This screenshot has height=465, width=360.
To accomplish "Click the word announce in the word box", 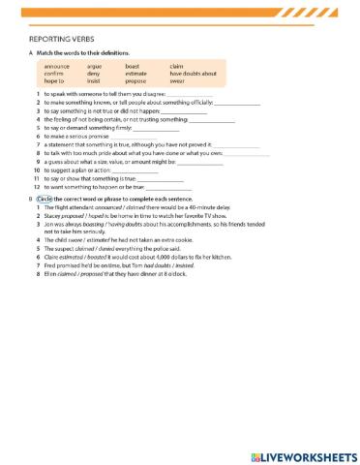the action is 57,66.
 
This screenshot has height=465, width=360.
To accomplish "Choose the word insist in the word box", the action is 94,81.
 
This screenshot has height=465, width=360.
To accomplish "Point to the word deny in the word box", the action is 93,74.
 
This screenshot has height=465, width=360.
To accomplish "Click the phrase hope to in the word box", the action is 54,81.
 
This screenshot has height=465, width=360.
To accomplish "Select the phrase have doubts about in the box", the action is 193,74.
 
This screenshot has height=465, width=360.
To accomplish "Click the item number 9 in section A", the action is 37,162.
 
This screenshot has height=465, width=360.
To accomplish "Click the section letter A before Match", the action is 32,52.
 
